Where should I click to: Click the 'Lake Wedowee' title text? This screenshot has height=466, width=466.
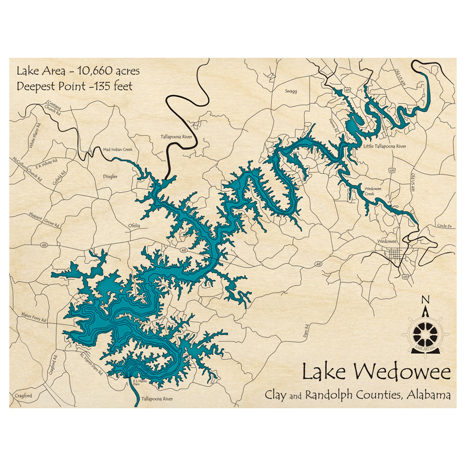(376, 372)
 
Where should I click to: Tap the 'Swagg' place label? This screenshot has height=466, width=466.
(291, 91)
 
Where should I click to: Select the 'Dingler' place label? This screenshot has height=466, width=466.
(110, 177)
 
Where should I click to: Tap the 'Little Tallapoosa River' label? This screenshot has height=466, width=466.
(384, 146)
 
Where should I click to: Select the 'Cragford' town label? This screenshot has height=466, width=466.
(22, 396)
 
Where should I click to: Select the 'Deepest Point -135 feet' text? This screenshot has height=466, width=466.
(75, 86)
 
